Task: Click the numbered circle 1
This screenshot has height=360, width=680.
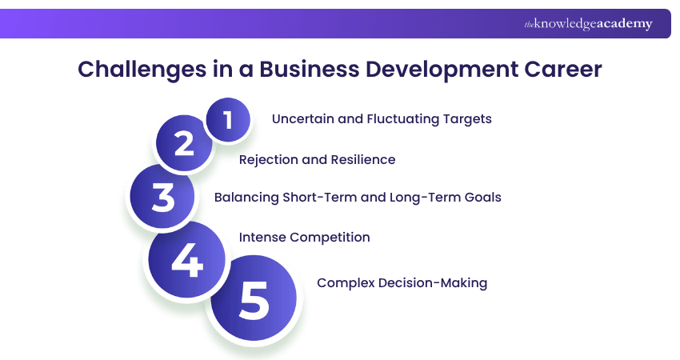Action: pos(228,119)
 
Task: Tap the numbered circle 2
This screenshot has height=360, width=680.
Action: pos(184,144)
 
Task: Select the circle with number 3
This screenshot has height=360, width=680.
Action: pos(163,196)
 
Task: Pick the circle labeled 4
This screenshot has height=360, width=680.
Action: pos(187,261)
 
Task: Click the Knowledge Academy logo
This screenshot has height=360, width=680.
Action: pos(588,24)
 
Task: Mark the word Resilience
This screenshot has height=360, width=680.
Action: pos(363,159)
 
